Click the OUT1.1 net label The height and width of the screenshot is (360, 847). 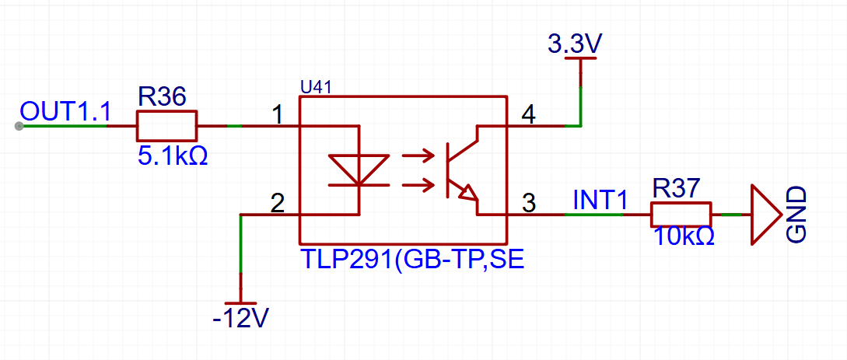tap(65, 111)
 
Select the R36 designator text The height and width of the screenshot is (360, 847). tap(162, 97)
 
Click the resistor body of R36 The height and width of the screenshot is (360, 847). tap(166, 126)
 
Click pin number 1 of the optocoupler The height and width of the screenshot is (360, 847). tap(278, 114)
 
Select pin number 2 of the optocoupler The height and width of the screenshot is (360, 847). tap(277, 203)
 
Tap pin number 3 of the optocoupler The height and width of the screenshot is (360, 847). tap(529, 204)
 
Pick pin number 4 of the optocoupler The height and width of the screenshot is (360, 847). tap(528, 115)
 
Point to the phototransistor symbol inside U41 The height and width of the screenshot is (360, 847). tap(459, 170)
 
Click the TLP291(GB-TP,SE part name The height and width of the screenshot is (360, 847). tap(412, 259)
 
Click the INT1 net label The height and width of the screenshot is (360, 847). tap(599, 199)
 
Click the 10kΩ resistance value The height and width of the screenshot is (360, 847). tap(684, 236)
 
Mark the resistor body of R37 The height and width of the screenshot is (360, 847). tap(681, 215)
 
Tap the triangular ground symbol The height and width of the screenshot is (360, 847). tap(765, 215)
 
